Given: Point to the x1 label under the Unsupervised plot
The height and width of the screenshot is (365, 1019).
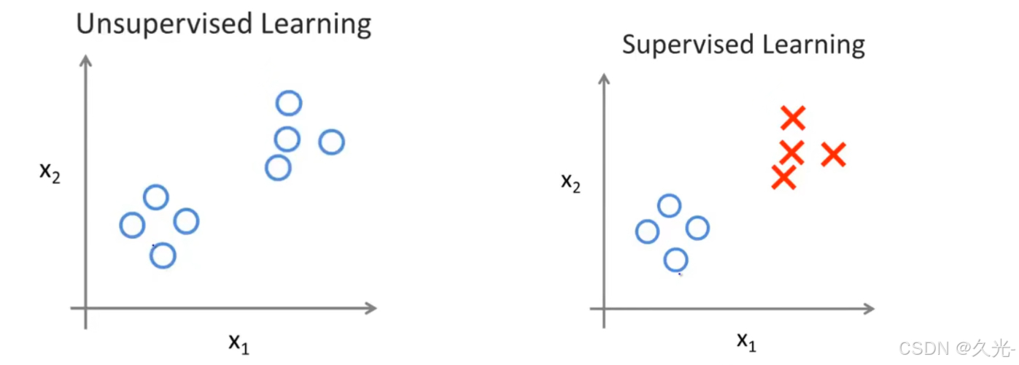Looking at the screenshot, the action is point(239,341).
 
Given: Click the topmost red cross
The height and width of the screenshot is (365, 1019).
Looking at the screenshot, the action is point(792,118).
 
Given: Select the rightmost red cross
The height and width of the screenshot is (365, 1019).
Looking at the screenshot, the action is point(833,155).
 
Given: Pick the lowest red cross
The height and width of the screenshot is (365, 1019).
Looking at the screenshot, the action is point(783,177).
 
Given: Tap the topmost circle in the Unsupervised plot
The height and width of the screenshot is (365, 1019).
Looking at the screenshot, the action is point(289,103).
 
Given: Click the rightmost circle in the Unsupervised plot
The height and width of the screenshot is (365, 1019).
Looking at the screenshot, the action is point(331,142).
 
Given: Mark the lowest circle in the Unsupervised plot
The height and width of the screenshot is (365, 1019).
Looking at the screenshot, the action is point(163,255).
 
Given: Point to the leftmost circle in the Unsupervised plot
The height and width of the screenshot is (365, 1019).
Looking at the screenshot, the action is point(132,225).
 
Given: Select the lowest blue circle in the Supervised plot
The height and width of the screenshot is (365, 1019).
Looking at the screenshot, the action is point(676,259).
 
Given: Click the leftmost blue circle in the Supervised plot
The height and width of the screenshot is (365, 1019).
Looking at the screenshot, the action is point(647,231).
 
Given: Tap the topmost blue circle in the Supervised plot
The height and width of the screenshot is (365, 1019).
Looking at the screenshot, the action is point(669,206).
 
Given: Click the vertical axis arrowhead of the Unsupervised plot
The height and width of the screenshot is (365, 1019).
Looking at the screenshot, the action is point(86,60).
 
